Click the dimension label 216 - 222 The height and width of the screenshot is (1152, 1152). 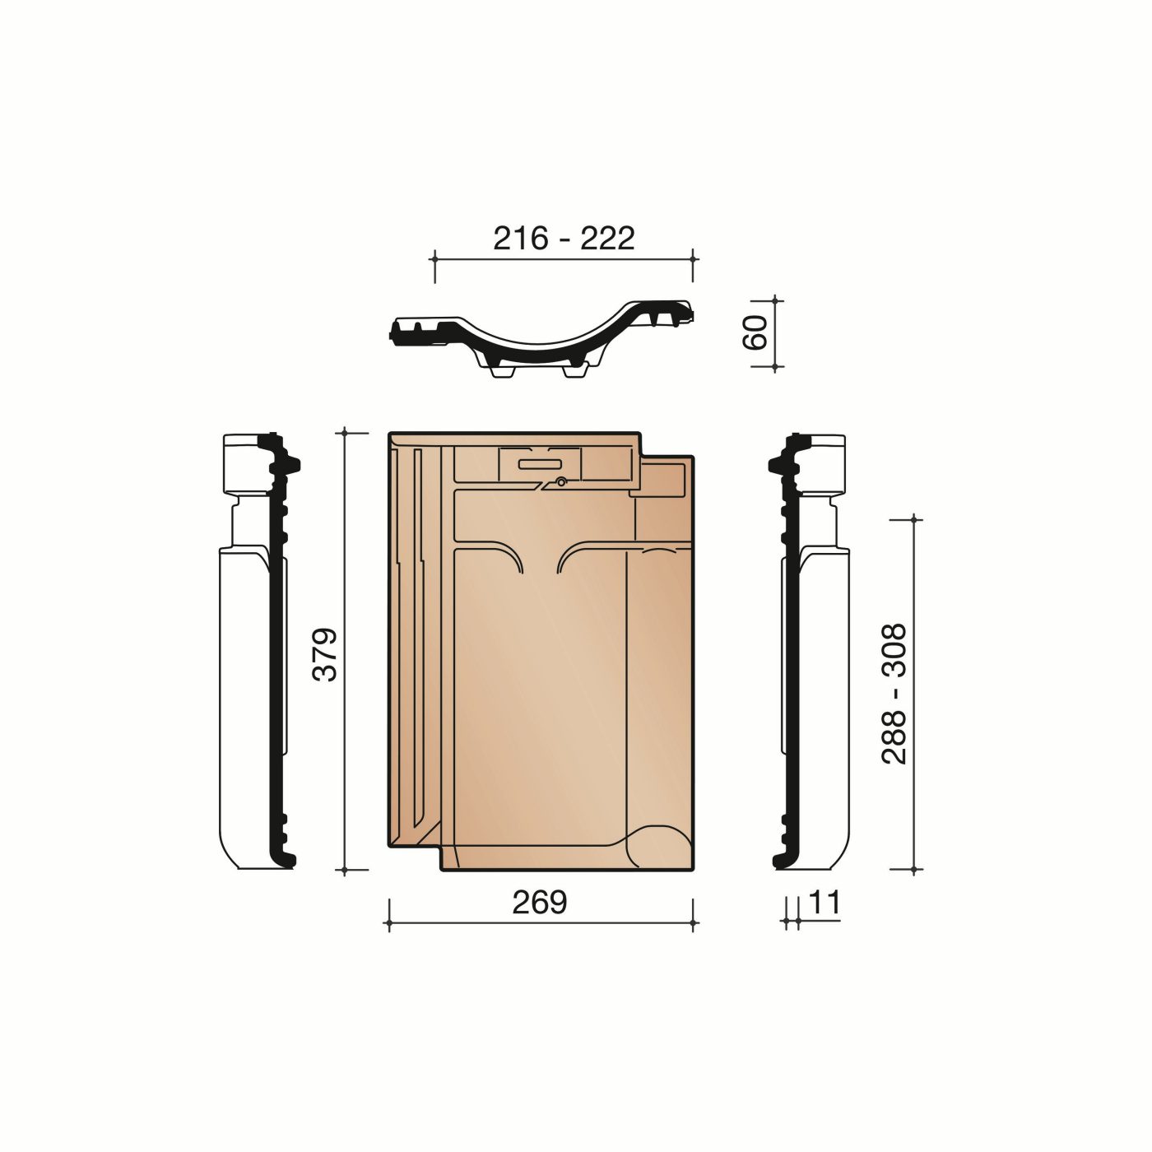coord(564,238)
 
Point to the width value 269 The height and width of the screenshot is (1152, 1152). coord(540,903)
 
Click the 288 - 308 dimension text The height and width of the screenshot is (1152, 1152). coord(894,694)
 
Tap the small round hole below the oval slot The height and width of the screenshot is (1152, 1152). coord(560,482)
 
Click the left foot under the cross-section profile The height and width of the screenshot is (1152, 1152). coord(501,372)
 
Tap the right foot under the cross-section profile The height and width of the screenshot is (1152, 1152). coord(574,372)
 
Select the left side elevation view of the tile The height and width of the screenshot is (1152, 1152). coord(255,650)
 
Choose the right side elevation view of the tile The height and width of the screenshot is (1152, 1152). coord(811,650)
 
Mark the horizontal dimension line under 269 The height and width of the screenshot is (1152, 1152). coord(540,924)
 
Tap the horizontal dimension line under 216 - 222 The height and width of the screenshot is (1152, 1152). coord(564,259)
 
